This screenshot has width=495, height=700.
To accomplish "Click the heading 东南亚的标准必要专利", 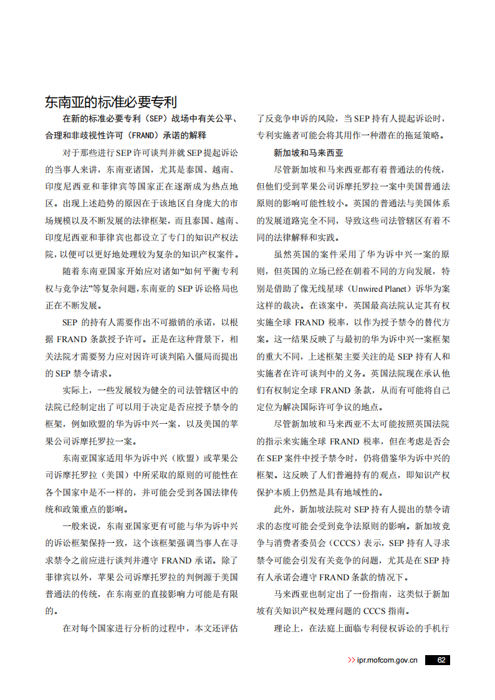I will click(x=111, y=102).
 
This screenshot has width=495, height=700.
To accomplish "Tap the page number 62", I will click(x=441, y=660).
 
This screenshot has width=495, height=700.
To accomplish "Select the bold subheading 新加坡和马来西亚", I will click(x=309, y=152).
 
